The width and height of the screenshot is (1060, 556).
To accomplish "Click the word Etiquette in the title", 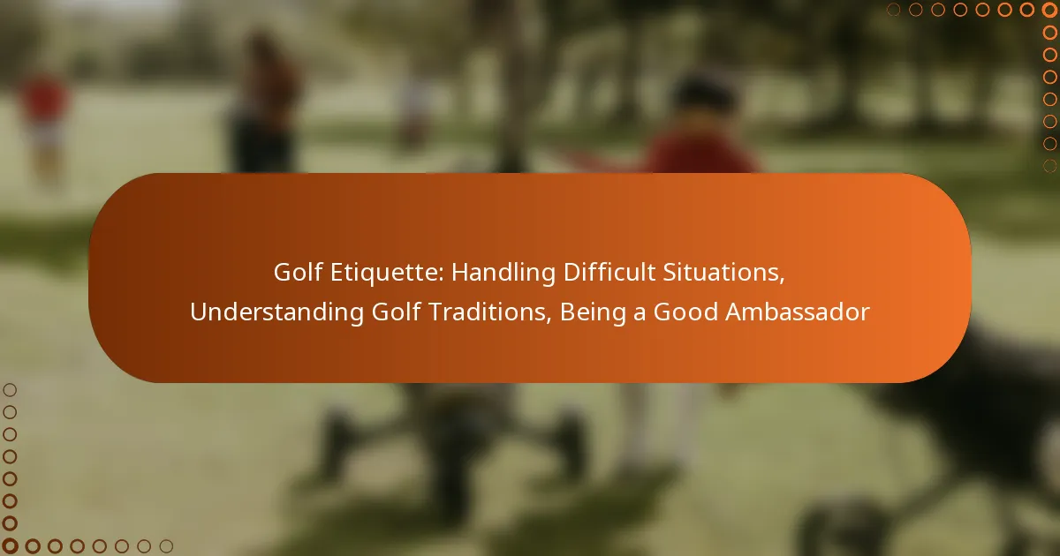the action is click(x=387, y=273).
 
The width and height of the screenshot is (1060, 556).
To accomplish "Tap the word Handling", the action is click(x=503, y=274).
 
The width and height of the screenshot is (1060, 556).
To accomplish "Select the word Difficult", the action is click(x=609, y=273).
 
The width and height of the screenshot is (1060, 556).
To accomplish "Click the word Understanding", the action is click(x=276, y=312).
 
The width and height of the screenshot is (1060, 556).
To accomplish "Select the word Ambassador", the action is click(x=798, y=312).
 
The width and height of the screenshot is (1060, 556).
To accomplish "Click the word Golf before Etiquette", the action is click(x=299, y=273).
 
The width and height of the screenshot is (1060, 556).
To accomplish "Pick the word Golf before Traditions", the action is click(x=396, y=312).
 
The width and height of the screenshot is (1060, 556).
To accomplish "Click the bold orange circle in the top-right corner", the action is click(x=1049, y=10).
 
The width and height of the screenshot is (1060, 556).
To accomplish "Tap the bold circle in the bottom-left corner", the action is click(x=10, y=546).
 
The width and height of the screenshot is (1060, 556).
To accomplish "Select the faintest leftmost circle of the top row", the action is click(x=893, y=10).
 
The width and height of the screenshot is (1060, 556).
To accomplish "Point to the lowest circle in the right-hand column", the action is click(x=1049, y=166).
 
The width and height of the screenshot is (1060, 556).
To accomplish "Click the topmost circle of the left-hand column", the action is click(x=10, y=390).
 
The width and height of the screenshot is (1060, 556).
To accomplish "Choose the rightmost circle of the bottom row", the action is click(x=166, y=546).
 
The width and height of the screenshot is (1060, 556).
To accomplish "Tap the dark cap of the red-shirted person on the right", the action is click(x=705, y=94).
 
